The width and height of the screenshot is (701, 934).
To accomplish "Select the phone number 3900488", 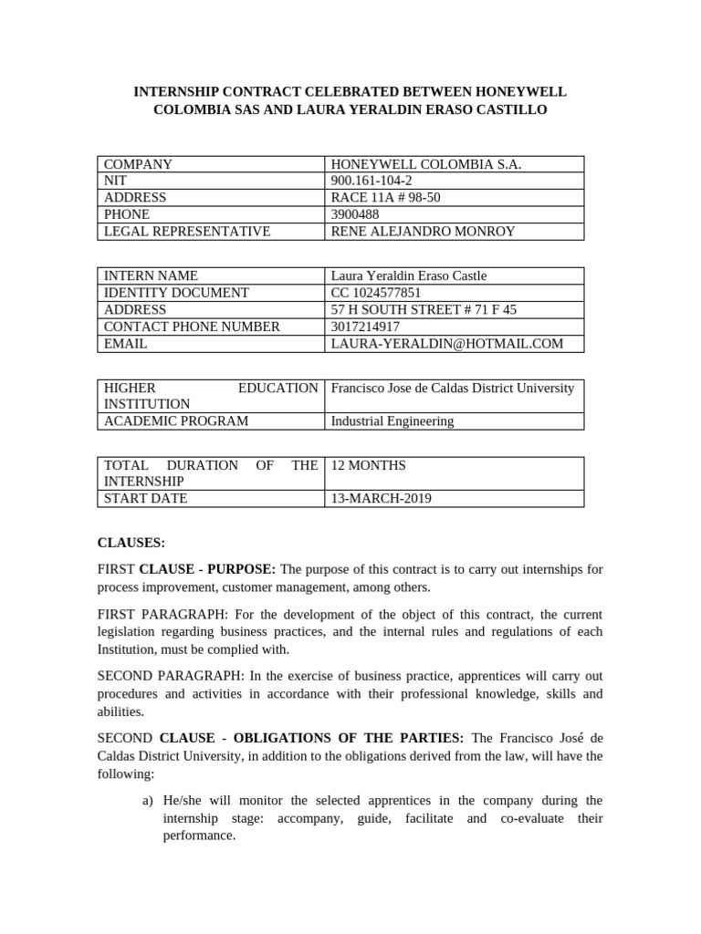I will (x=356, y=214).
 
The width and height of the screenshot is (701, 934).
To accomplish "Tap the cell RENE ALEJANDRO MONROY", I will (x=423, y=232).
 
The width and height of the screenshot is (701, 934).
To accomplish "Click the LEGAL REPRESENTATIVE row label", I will (x=187, y=232).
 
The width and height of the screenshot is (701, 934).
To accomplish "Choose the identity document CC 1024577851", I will (x=376, y=293).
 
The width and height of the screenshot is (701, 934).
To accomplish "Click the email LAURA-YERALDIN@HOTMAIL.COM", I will (x=446, y=344).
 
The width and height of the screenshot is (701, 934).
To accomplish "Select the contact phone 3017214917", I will (x=365, y=327).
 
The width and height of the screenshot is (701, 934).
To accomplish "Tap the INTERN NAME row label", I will (x=151, y=275).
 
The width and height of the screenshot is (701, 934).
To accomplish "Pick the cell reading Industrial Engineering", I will (x=392, y=421).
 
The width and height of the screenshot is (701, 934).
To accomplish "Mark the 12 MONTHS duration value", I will (x=368, y=465).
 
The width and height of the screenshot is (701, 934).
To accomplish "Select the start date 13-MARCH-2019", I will (x=381, y=499).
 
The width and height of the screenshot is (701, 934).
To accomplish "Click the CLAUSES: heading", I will (x=131, y=543).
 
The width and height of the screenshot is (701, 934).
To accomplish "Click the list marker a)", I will (x=148, y=800).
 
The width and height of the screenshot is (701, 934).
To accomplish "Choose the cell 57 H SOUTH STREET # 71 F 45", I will (x=424, y=310).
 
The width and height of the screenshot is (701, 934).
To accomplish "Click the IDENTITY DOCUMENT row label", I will (x=176, y=293).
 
